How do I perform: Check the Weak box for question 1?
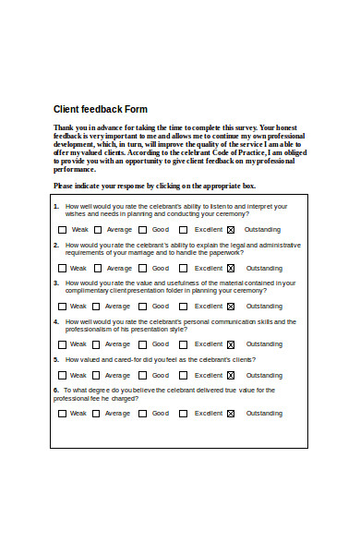[x=62, y=229]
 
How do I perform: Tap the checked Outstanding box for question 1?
[x=231, y=229]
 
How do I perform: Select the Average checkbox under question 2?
[x=95, y=268]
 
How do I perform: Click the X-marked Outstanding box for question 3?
[x=231, y=306]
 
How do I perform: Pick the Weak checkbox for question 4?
[x=62, y=344]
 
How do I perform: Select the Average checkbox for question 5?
[x=95, y=375]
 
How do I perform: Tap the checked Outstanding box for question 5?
[x=231, y=375]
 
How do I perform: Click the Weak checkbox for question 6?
[x=62, y=414]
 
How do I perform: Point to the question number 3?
[x=56, y=283]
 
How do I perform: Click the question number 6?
[x=56, y=390]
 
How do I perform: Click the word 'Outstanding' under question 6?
[x=264, y=414]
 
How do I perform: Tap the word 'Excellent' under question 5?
[x=209, y=376]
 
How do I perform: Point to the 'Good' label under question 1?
[x=161, y=230]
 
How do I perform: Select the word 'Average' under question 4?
[x=117, y=344]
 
